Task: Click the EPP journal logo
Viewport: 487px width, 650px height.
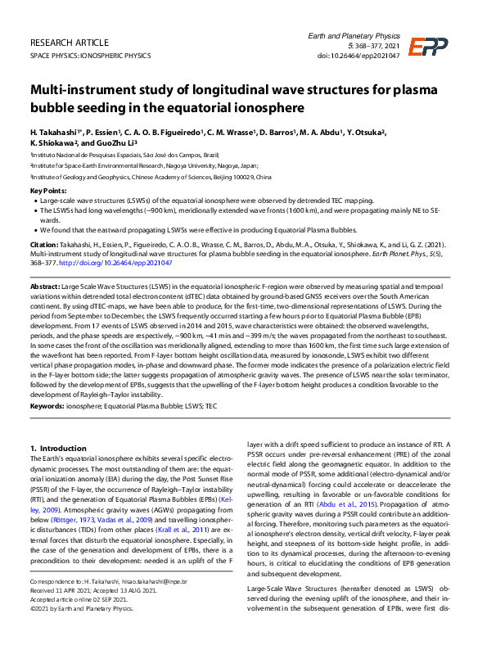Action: [x=428, y=47]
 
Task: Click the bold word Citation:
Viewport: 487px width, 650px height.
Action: [x=44, y=244]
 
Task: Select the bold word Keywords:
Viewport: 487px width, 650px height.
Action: [x=48, y=405]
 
